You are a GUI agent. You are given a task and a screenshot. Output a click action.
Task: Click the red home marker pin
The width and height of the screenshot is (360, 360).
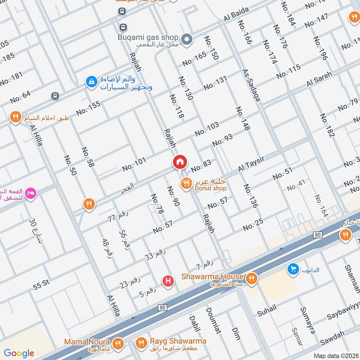pyautogui.click(x=180, y=162)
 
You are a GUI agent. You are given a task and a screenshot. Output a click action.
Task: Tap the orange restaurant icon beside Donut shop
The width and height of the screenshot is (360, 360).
pyautogui.click(x=185, y=183)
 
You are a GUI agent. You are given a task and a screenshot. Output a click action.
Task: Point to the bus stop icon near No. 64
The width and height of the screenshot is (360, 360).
pyautogui.click(x=55, y=96)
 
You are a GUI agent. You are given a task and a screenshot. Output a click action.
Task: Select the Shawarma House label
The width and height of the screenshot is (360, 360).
pyautogui.click(x=212, y=276)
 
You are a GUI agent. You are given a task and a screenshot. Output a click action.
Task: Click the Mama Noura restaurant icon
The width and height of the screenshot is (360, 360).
pyautogui.click(x=118, y=343)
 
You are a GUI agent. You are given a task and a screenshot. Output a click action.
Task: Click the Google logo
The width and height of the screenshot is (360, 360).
pyautogui.click(x=19, y=353)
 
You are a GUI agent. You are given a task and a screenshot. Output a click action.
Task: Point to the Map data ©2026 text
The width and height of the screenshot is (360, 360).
pyautogui.click(x=335, y=355)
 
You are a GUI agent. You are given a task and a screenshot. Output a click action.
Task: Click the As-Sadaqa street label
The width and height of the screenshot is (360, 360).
pyautogui.click(x=251, y=85)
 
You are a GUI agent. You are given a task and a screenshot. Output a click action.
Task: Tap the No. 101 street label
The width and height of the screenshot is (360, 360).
pyautogui.click(x=134, y=164)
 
